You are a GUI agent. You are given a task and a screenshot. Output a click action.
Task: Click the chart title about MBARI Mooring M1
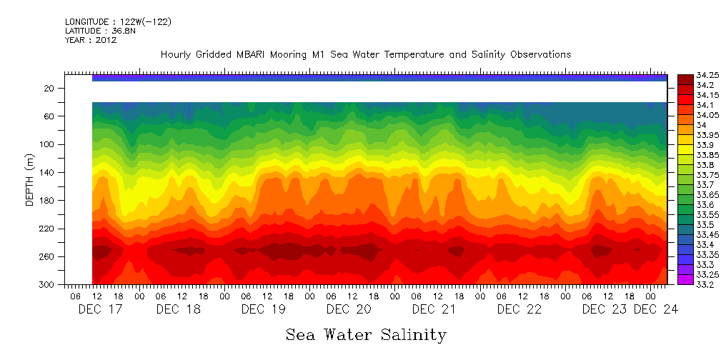click(366, 55)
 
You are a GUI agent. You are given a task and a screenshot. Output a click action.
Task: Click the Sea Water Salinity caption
click(366, 335)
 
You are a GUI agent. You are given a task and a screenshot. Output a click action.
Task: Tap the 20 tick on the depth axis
click(50, 88)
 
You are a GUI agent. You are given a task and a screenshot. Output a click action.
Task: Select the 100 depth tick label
click(47, 144)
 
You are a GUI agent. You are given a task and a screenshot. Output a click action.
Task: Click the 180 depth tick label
click(47, 201)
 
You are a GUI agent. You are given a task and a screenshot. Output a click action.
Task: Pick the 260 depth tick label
click(47, 256)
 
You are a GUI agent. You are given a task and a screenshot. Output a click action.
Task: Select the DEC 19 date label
click(264, 309)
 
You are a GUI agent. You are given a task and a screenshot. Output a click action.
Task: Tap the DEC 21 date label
click(434, 309)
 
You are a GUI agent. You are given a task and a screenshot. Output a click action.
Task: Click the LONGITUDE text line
click(118, 22)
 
